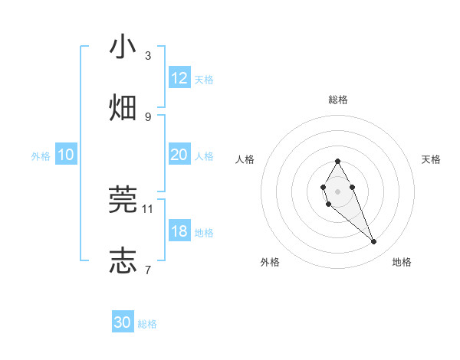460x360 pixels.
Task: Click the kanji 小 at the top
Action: tap(123, 47)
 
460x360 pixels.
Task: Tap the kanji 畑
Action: tap(123, 108)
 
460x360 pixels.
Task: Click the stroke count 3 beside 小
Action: tap(148, 56)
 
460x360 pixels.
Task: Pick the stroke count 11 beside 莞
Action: tap(148, 208)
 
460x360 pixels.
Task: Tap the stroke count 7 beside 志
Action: tap(148, 270)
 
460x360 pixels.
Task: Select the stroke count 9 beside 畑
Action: tap(148, 116)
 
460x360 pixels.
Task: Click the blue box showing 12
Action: tap(179, 78)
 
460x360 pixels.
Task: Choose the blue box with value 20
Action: tap(179, 155)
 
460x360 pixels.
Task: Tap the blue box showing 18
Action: tap(179, 231)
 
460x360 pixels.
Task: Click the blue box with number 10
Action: tap(66, 155)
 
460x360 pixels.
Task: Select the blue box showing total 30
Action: tap(123, 322)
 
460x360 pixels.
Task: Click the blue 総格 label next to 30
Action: tap(147, 324)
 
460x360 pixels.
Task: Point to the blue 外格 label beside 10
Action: tap(41, 156)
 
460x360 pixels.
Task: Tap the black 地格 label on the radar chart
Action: tap(402, 262)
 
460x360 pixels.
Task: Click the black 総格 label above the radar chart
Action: tap(338, 100)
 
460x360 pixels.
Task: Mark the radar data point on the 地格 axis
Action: tap(374, 242)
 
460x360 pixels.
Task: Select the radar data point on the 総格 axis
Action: tap(337, 161)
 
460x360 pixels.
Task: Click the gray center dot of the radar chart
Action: tap(337, 191)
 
